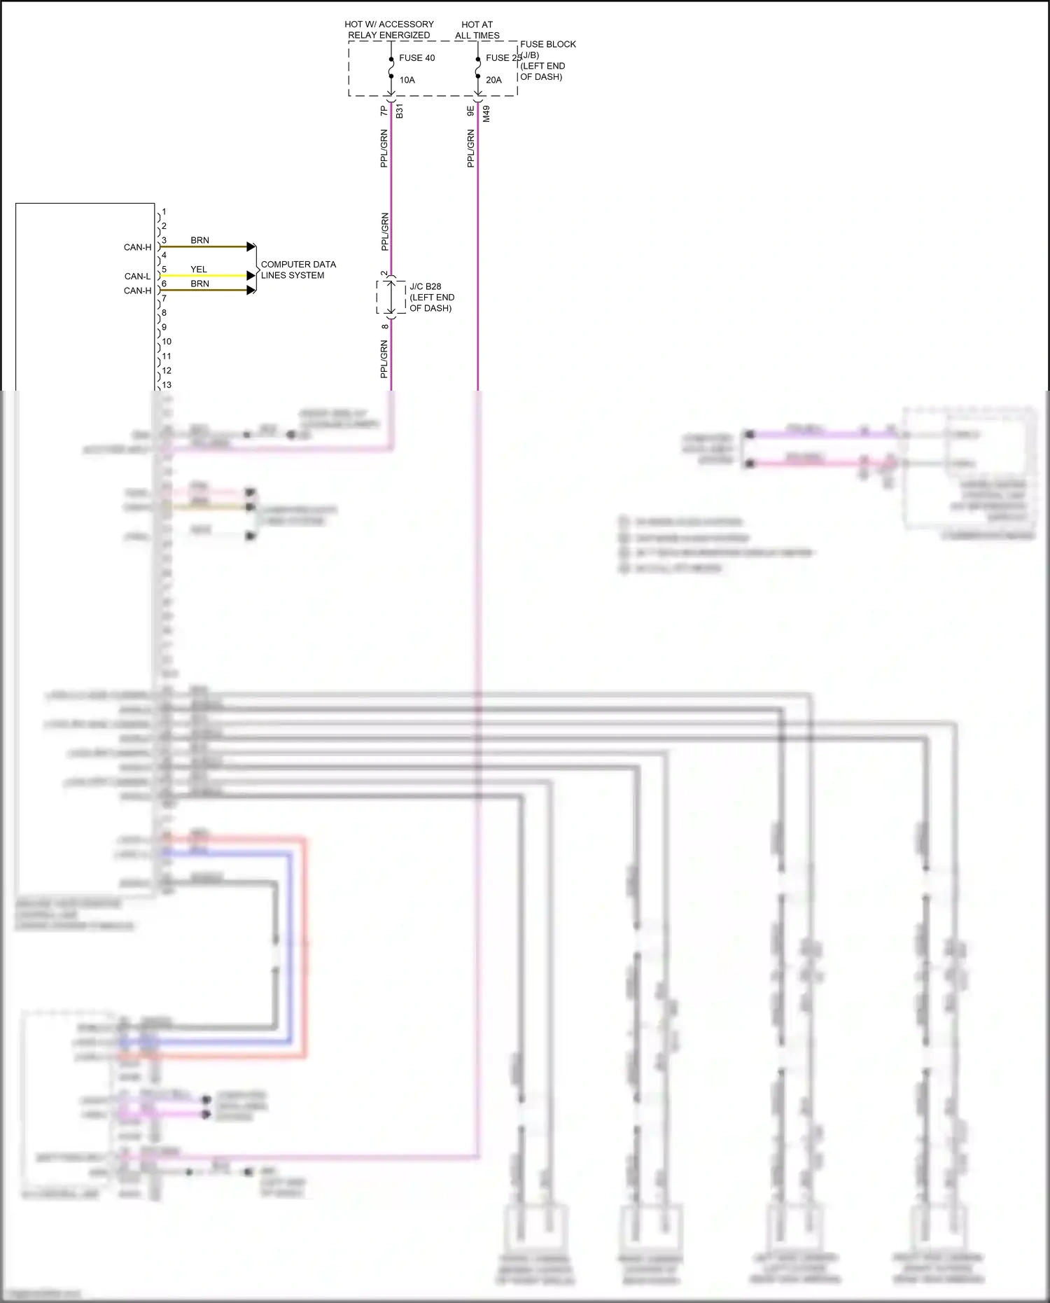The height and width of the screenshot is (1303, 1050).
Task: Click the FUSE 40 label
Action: (416, 58)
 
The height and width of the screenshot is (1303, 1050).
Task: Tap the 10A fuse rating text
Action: (407, 80)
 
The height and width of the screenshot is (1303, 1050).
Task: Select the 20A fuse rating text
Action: (493, 80)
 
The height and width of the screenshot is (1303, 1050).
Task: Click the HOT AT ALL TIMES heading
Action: (477, 29)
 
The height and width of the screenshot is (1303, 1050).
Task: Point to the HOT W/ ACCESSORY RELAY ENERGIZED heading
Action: (389, 29)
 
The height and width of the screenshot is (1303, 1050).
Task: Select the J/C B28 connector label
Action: (426, 286)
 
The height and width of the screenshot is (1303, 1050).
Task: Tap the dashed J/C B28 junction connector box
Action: (391, 298)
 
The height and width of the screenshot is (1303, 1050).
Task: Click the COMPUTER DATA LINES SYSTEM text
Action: (298, 270)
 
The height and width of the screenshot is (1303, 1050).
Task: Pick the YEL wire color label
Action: (199, 269)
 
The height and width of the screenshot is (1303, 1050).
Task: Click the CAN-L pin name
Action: (138, 277)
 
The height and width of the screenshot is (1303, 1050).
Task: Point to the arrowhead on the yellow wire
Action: (251, 276)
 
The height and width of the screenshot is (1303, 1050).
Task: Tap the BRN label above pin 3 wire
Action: (199, 240)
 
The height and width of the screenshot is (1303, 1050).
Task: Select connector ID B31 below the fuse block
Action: (400, 111)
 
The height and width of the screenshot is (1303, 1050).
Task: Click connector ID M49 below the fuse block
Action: (486, 113)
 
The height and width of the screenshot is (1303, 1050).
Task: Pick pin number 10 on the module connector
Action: (167, 342)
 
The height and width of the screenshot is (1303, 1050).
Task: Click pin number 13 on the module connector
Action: (167, 385)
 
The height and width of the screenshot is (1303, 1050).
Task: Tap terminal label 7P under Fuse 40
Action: (384, 111)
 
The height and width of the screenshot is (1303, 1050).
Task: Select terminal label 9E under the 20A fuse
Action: (470, 111)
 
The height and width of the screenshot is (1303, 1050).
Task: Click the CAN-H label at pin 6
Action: (137, 291)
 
